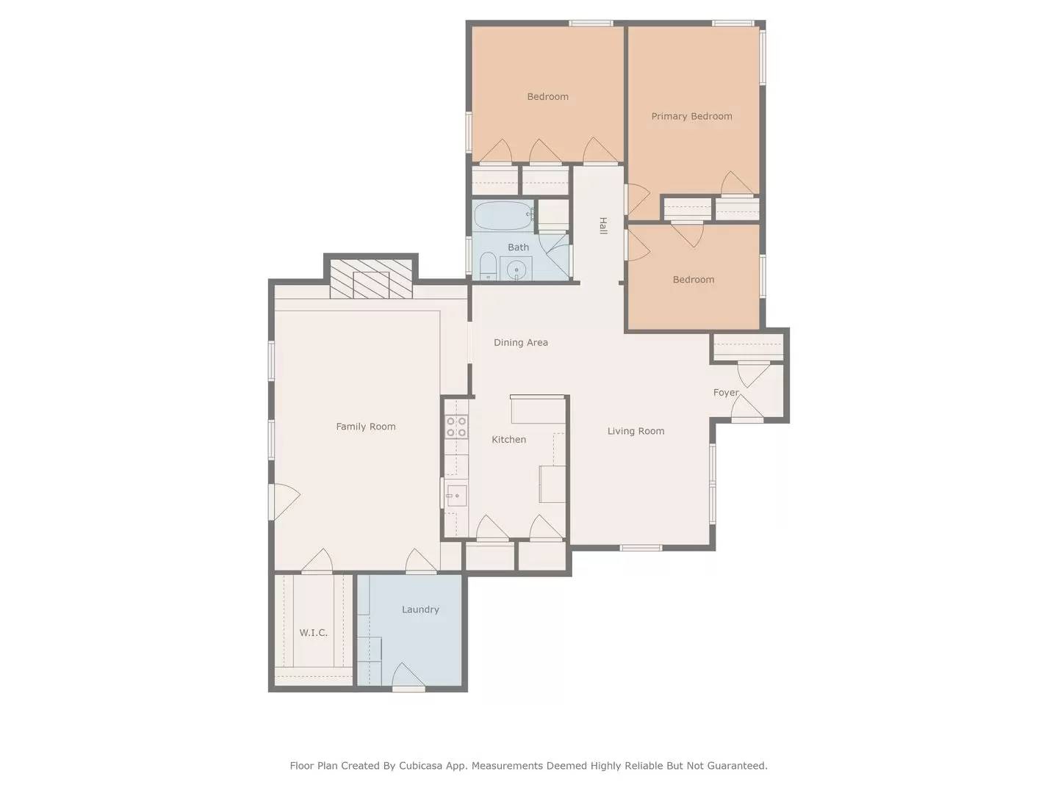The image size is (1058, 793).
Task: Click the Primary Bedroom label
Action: (691, 116)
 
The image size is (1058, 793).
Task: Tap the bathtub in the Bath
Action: (503, 216)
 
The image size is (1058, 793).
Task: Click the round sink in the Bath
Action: (517, 269)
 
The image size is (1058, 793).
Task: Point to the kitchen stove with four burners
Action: (456, 427)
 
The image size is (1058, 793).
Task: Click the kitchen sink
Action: (456, 496)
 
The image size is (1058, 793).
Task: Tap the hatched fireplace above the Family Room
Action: (370, 279)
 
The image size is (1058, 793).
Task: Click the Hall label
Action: (603, 225)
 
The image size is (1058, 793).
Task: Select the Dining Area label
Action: (520, 342)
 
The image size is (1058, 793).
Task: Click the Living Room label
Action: (636, 431)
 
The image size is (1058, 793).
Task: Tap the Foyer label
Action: (726, 392)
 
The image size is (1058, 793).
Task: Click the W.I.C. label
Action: (313, 632)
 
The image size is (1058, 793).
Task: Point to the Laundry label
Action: (420, 609)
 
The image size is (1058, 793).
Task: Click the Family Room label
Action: (365, 427)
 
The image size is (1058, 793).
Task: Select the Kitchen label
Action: (508, 439)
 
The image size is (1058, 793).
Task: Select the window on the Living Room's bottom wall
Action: (641, 547)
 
